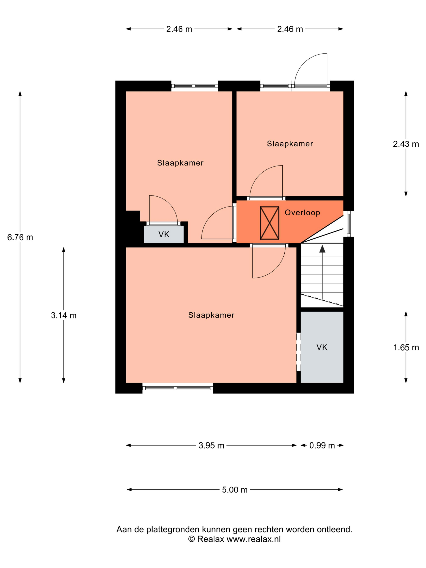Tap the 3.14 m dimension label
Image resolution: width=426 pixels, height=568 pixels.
(64, 315)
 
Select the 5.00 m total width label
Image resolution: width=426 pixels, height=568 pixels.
(235, 490)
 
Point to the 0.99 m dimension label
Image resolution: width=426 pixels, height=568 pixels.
(322, 445)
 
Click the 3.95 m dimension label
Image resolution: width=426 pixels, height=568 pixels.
(211, 445)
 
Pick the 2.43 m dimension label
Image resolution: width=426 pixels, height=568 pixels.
(406, 144)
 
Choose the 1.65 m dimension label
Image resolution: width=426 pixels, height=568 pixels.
(406, 348)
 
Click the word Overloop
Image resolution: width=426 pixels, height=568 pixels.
(302, 213)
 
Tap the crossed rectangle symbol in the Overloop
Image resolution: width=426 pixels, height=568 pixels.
(269, 223)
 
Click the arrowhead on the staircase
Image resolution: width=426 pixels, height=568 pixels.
(322, 248)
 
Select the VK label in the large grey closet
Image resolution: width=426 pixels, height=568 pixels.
(322, 347)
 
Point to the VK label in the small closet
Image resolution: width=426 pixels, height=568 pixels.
(164, 235)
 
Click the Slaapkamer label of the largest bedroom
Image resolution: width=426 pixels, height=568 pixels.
(211, 315)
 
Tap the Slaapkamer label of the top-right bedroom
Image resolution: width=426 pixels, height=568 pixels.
(290, 144)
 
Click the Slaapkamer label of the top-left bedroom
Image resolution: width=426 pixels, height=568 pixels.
(180, 163)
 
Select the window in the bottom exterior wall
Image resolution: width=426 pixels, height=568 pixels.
(178, 388)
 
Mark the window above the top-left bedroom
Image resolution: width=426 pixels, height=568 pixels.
(195, 86)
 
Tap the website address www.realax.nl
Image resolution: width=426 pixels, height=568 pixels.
(253, 539)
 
